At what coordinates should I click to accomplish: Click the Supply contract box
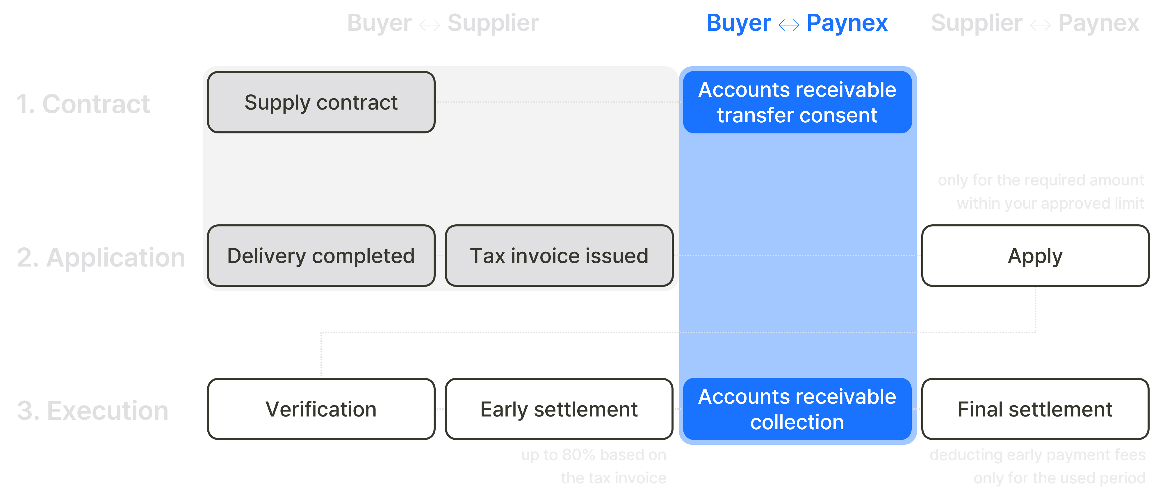click(x=321, y=102)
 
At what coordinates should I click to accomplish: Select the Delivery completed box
click(x=321, y=256)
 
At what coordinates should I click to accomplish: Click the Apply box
click(x=1035, y=256)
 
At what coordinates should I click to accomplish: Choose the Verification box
click(x=321, y=409)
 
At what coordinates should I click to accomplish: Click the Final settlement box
click(x=1035, y=409)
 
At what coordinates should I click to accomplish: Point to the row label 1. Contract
click(x=83, y=104)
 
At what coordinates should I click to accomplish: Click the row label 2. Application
click(x=101, y=258)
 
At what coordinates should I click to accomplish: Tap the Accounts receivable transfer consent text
click(x=797, y=102)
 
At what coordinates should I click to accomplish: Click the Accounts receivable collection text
click(x=797, y=409)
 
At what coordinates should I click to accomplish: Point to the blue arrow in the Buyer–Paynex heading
click(x=788, y=25)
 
